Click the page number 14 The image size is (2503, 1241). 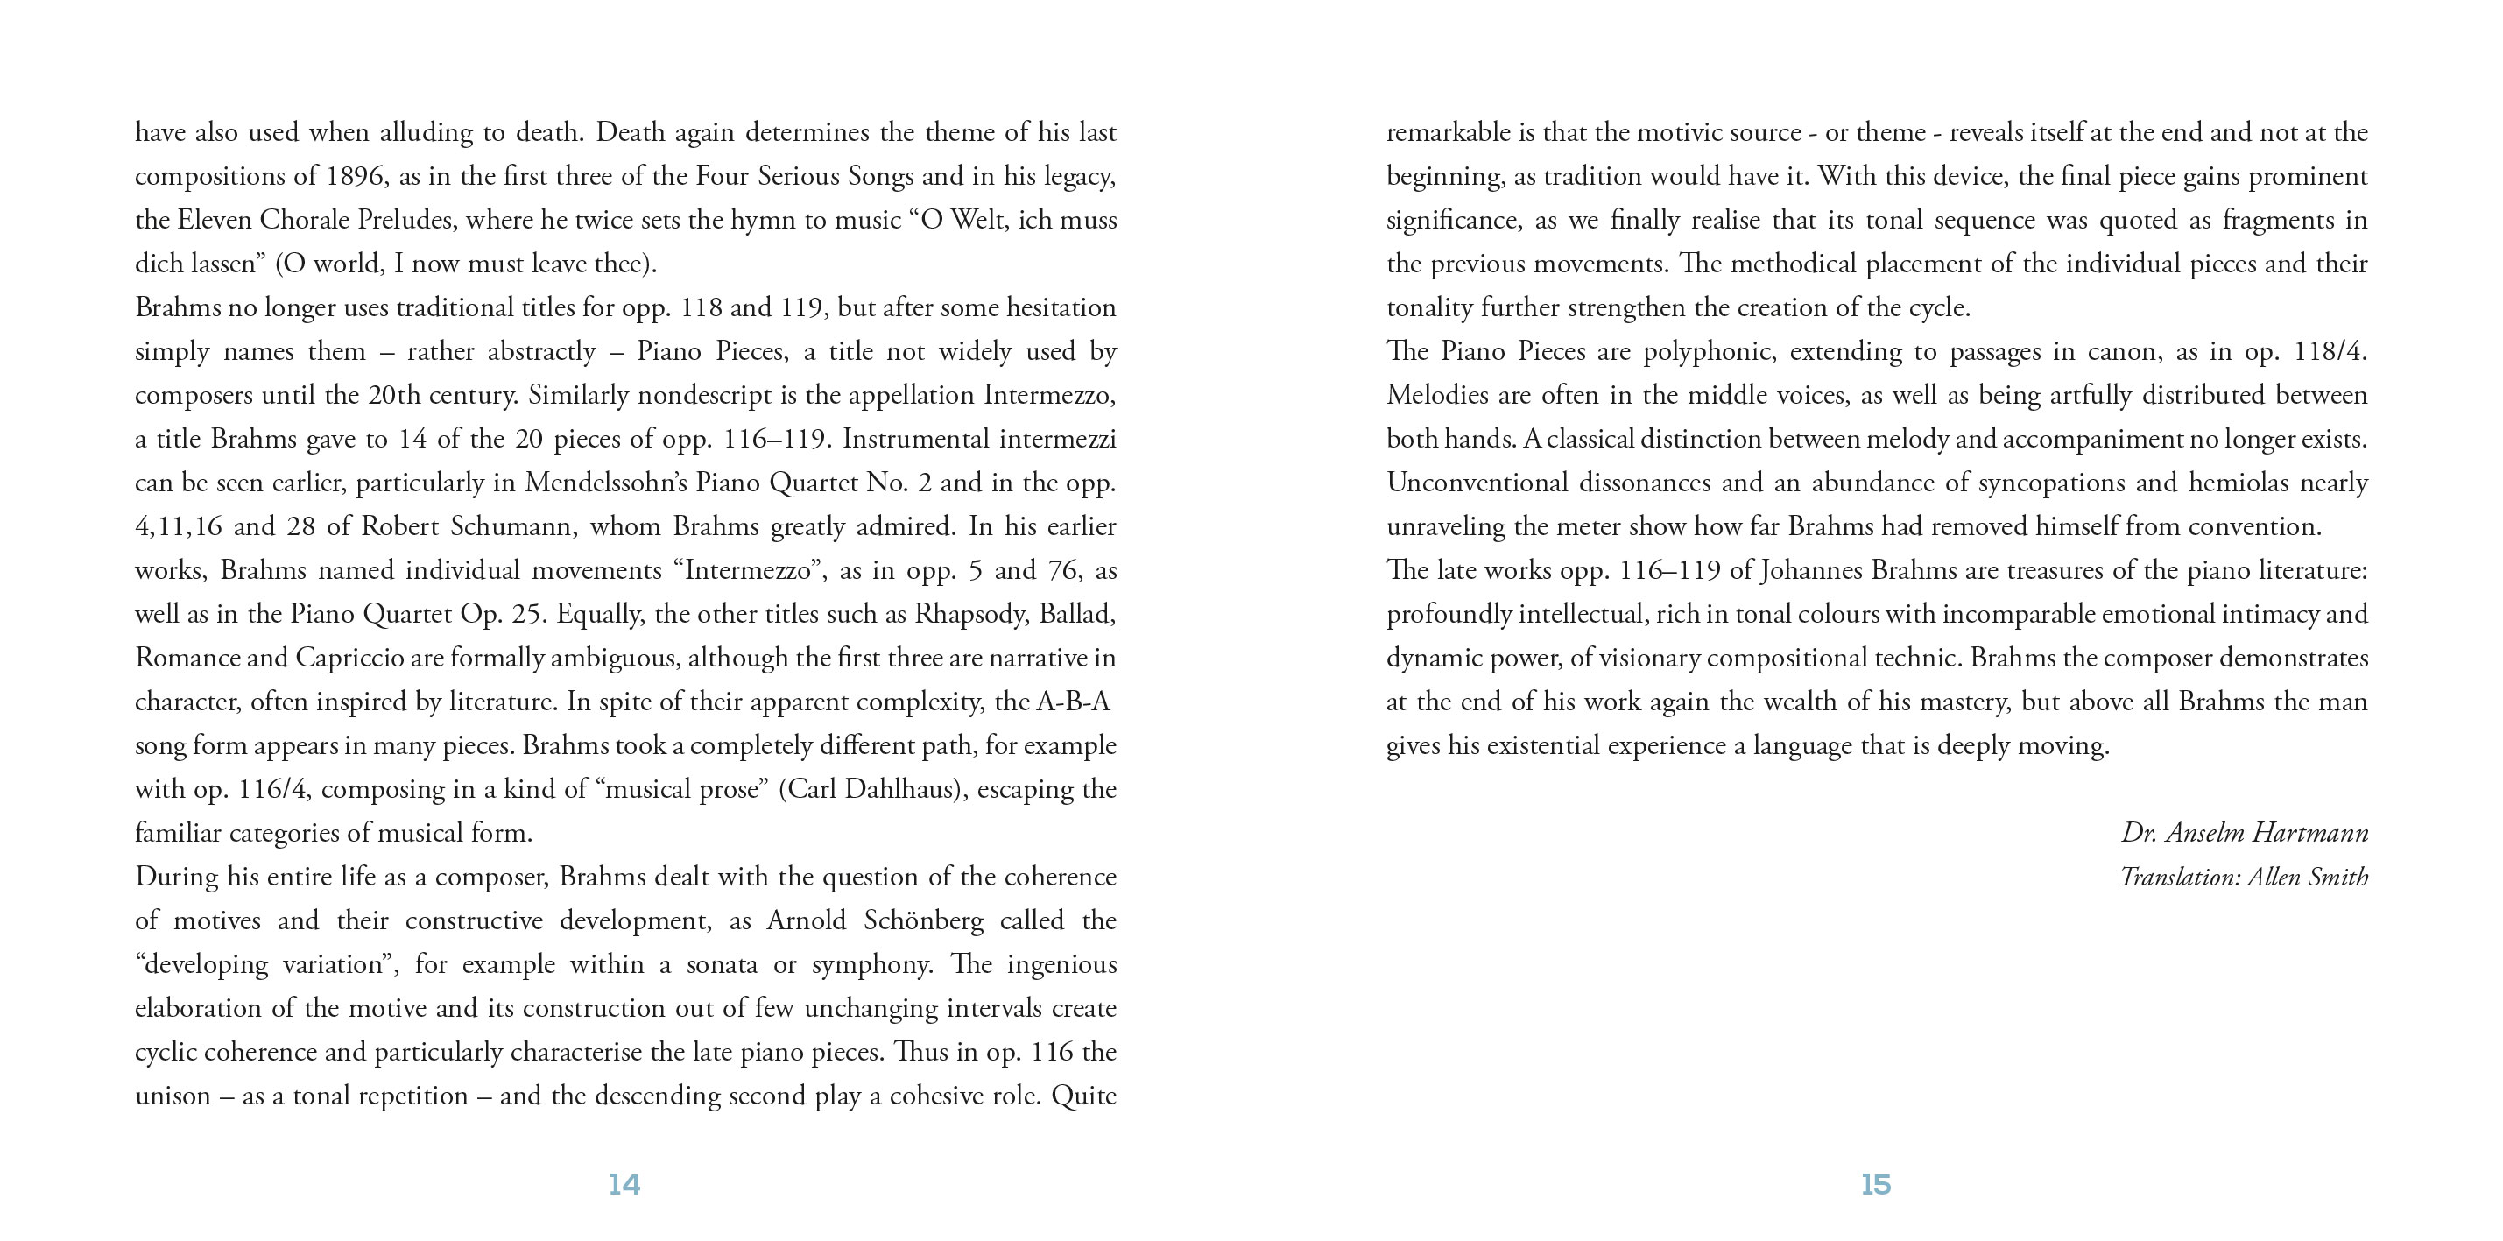coord(624,1184)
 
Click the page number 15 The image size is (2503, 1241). coord(1875,1184)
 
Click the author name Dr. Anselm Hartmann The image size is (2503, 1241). coord(2244,833)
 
